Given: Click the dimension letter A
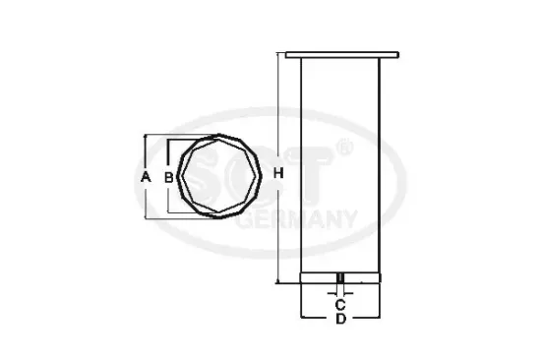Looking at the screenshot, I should point(145,177).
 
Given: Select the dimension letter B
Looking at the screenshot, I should point(168,178).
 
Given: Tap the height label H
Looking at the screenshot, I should point(277,173).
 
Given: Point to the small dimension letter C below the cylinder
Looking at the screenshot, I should point(339,303).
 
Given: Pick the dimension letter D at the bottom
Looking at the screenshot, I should point(339,320).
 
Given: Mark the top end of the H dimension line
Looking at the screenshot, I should point(278,54).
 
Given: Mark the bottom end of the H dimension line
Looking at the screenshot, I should point(278,283).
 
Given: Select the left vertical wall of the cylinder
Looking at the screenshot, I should point(300,167).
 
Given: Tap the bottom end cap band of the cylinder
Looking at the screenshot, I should point(339,275).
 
